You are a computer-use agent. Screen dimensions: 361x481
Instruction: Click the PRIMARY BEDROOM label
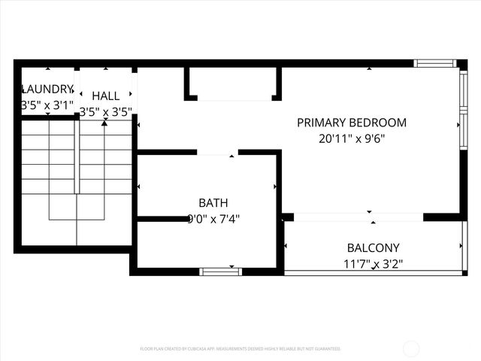tap(352, 123)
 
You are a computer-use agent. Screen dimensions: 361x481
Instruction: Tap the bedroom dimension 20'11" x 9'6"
tap(352, 138)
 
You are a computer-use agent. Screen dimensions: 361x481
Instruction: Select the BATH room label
tap(213, 203)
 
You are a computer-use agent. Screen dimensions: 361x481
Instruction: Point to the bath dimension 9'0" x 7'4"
tap(213, 219)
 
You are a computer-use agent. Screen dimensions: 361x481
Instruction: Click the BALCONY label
tap(373, 247)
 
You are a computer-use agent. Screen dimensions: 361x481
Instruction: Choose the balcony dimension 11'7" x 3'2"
tap(373, 263)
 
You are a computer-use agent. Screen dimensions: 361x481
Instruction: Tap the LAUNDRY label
tap(47, 89)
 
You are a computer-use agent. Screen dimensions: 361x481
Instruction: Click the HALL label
tap(105, 96)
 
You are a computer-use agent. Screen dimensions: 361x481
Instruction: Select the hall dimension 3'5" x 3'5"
tap(105, 112)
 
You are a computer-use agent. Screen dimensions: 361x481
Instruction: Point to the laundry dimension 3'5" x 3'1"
tap(47, 105)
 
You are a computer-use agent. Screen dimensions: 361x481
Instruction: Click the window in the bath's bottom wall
tap(219, 271)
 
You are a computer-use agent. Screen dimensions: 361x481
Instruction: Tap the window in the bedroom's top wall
tap(435, 64)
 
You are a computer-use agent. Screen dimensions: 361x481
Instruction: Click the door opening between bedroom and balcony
tap(358, 217)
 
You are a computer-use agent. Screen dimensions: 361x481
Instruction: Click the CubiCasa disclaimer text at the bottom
tap(240, 349)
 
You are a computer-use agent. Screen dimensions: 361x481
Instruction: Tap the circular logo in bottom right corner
tap(411, 348)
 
